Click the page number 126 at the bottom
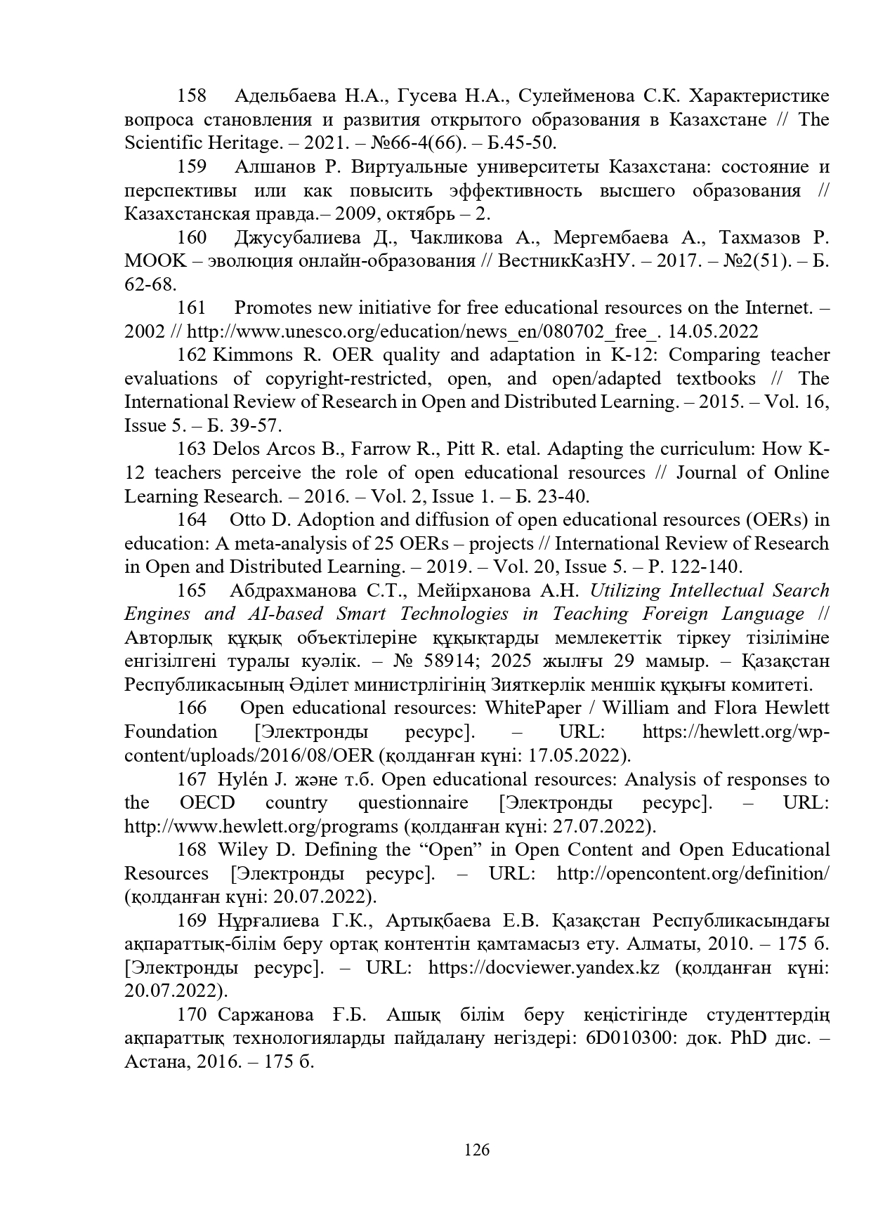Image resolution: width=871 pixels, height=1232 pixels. point(477,1150)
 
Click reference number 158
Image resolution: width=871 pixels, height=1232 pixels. point(191,95)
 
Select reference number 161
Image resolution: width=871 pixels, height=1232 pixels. point(191,307)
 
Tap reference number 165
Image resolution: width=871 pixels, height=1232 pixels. point(191,590)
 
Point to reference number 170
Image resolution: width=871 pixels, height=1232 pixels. point(191,1014)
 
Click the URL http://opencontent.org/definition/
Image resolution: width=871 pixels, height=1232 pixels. point(693,873)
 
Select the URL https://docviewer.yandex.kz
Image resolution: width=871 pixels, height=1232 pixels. point(544,967)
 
